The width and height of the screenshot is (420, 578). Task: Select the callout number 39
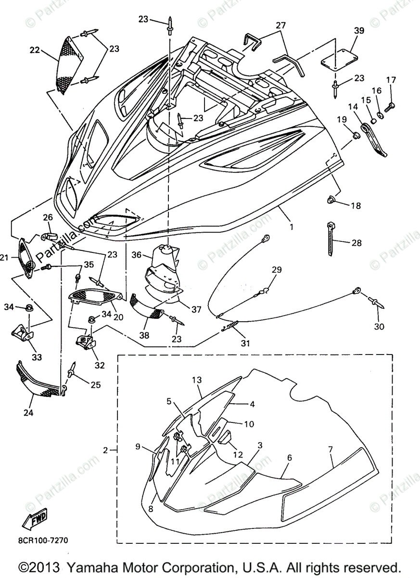pyautogui.click(x=359, y=30)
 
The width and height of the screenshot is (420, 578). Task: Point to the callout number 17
pyautogui.click(x=391, y=79)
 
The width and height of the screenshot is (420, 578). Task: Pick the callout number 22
pyautogui.click(x=35, y=49)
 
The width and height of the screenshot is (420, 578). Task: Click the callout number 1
pyautogui.click(x=291, y=225)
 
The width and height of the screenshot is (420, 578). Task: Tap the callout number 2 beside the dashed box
pyautogui.click(x=105, y=450)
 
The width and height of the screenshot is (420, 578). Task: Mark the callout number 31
pyautogui.click(x=245, y=343)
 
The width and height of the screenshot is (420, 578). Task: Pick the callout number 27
pyautogui.click(x=280, y=25)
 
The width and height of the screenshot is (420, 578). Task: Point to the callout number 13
pyautogui.click(x=196, y=380)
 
